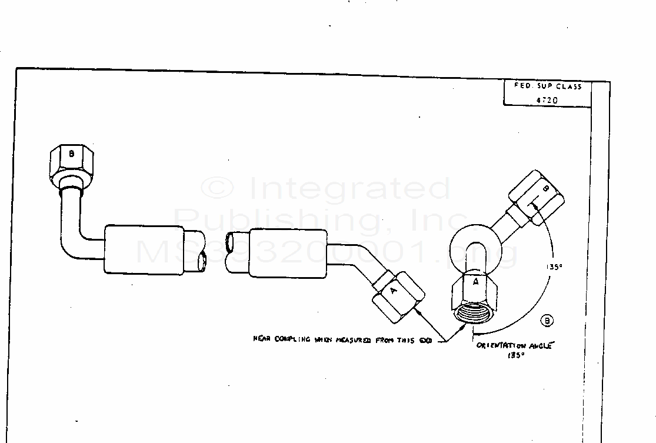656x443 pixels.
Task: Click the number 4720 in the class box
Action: click(x=547, y=100)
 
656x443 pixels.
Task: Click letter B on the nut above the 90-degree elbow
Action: click(x=71, y=154)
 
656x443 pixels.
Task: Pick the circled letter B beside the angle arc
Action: click(x=547, y=321)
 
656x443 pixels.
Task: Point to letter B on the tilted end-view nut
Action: click(x=545, y=189)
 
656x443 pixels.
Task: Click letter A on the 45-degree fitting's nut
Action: click(x=394, y=289)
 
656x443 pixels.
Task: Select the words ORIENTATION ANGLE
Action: click(x=514, y=346)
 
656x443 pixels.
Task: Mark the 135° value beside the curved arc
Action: click(x=554, y=267)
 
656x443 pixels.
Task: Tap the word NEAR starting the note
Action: click(x=262, y=339)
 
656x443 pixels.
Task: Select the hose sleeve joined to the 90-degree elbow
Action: click(x=144, y=249)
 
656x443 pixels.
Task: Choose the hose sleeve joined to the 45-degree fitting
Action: click(x=287, y=253)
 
